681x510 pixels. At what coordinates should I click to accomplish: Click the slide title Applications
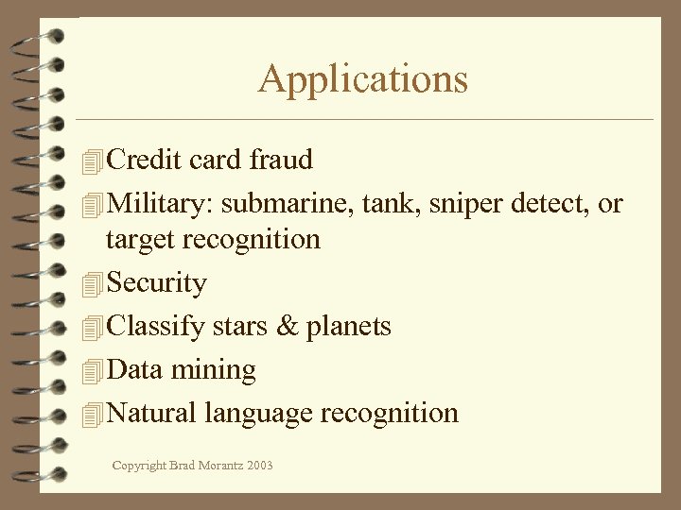[363, 78]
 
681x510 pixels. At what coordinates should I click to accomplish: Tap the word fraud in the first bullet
[281, 160]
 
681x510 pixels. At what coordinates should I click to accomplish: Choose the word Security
[157, 282]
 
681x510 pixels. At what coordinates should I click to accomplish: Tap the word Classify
[156, 327]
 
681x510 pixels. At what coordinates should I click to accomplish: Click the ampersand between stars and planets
[286, 327]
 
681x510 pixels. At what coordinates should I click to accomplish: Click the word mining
[214, 370]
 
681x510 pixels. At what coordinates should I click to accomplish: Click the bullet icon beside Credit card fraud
[92, 161]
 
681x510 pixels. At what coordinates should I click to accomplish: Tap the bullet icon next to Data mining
[92, 371]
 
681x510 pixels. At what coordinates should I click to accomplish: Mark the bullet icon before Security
[92, 284]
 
